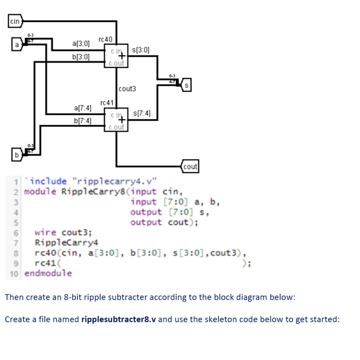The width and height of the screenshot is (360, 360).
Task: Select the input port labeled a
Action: pyautogui.click(x=16, y=45)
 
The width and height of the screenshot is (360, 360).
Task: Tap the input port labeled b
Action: pyautogui.click(x=16, y=154)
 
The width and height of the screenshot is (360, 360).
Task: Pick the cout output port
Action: pyautogui.click(x=190, y=167)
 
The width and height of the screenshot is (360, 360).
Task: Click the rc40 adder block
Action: pyautogui.click(x=116, y=56)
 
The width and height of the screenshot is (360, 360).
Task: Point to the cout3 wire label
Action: pyautogui.click(x=127, y=89)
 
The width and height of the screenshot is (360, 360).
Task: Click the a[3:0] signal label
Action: pyautogui.click(x=81, y=44)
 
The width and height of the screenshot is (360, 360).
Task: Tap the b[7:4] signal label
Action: pyautogui.click(x=83, y=121)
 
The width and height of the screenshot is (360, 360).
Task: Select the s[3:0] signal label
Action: pyautogui.click(x=140, y=50)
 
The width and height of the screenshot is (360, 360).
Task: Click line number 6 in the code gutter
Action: pyautogui.click(x=16, y=233)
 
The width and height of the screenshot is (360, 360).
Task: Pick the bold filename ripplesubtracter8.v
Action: pyautogui.click(x=118, y=320)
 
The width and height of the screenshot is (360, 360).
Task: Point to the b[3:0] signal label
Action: pyautogui.click(x=81, y=57)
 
